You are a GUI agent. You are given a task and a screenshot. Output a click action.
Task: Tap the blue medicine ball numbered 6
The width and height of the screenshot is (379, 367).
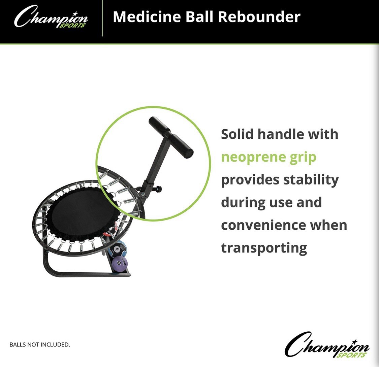click(117, 249)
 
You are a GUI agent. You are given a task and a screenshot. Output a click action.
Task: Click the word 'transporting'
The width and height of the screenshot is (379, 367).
click(264, 248)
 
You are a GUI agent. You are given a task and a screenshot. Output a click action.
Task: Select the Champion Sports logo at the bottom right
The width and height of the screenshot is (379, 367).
click(327, 345)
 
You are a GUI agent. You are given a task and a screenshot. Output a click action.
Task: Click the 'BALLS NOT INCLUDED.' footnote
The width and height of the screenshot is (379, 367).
click(40, 344)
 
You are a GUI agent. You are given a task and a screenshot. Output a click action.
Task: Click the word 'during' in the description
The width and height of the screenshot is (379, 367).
click(240, 203)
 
